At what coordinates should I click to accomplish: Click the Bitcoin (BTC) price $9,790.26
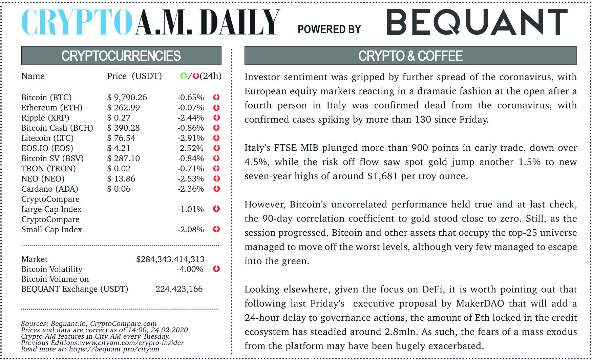pyautogui.click(x=127, y=98)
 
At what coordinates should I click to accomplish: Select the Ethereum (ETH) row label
pyautogui.click(x=52, y=108)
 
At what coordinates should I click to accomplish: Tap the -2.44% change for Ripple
pyautogui.click(x=191, y=118)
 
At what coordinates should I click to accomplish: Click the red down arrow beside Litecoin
pyautogui.click(x=216, y=138)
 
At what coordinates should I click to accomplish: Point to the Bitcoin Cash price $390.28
pyautogui.click(x=124, y=128)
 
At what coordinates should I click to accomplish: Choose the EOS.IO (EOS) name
pyautogui.click(x=47, y=148)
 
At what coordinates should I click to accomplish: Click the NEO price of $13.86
pyautogui.click(x=121, y=179)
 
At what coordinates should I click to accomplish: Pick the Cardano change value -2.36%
pyautogui.click(x=191, y=189)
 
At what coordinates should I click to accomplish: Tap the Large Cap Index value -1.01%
pyautogui.click(x=191, y=209)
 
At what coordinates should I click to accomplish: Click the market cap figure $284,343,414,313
pyautogui.click(x=170, y=259)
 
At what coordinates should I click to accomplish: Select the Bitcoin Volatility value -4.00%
pyautogui.click(x=190, y=269)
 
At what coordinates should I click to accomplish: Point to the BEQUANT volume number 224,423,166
pyautogui.click(x=179, y=289)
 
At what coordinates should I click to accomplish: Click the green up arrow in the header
pyautogui.click(x=183, y=76)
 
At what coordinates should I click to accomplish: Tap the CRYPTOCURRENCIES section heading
pyautogui.click(x=121, y=56)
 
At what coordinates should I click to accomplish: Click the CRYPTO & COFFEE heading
pyautogui.click(x=410, y=56)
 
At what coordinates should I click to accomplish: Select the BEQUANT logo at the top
pyautogui.click(x=477, y=22)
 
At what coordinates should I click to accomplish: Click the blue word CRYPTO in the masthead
pyautogui.click(x=77, y=22)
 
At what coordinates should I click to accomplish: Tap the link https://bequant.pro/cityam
pyautogui.click(x=114, y=349)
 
